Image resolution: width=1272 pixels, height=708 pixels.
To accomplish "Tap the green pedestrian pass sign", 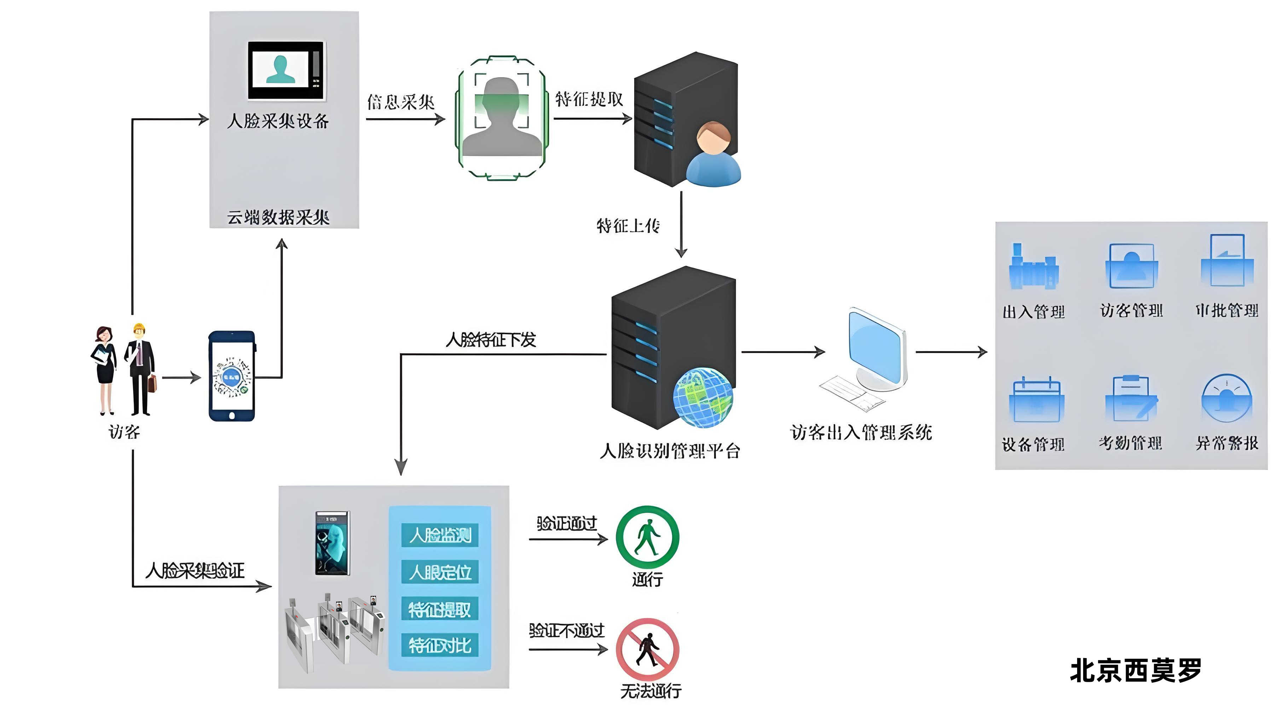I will (647, 537).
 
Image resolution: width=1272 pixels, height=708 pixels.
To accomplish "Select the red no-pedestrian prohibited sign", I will (647, 649).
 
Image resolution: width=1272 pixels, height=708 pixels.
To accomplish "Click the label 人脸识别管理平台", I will (670, 451).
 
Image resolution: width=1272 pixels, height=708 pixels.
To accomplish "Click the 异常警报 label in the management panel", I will (1227, 443).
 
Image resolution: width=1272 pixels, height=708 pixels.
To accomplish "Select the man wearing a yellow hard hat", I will (140, 369).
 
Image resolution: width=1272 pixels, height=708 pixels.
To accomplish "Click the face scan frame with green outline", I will (501, 118).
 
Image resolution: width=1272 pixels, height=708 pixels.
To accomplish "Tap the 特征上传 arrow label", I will (628, 226).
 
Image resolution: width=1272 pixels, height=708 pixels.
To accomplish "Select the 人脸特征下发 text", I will (490, 340).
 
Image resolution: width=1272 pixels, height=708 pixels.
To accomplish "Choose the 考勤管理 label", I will (1130, 443).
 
